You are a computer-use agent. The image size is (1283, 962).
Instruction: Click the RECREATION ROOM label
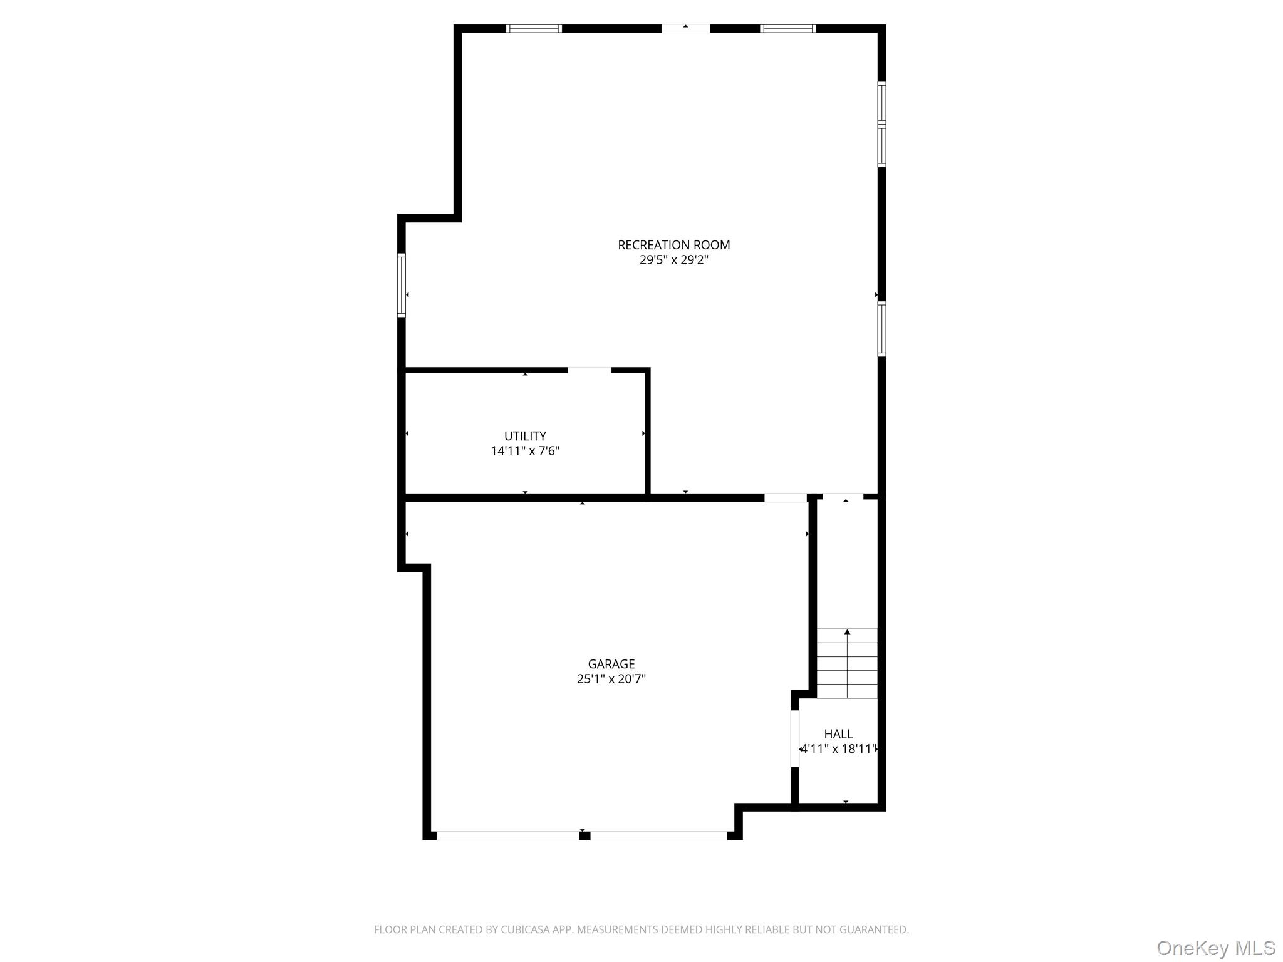point(673,245)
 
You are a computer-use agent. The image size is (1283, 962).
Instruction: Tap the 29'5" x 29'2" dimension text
point(673,260)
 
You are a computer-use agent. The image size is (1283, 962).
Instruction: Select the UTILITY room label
point(525,436)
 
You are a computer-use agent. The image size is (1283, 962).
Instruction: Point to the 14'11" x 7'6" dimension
point(525,451)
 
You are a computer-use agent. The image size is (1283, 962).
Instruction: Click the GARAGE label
point(611,664)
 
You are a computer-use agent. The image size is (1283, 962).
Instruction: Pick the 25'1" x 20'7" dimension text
point(611,679)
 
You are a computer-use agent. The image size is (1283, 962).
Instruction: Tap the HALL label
point(838,734)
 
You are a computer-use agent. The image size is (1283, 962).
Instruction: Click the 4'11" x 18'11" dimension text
point(839,749)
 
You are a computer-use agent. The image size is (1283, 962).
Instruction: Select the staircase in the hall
point(847,664)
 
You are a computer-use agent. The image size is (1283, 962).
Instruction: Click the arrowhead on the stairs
point(847,633)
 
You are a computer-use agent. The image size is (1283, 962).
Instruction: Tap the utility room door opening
point(589,370)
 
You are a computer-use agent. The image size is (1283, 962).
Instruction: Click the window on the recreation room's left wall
point(402,285)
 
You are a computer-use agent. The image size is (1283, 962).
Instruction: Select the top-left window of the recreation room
point(534,29)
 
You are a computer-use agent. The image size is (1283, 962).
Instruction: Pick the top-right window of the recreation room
point(787,29)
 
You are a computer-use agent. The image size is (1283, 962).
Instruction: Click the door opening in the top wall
point(685,29)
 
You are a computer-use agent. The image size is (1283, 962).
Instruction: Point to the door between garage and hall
point(795,738)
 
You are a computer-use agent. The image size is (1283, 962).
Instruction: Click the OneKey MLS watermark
point(1215,948)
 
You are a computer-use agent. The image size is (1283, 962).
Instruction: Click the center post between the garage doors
point(584,835)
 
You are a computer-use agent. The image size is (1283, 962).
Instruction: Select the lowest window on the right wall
point(881,329)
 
